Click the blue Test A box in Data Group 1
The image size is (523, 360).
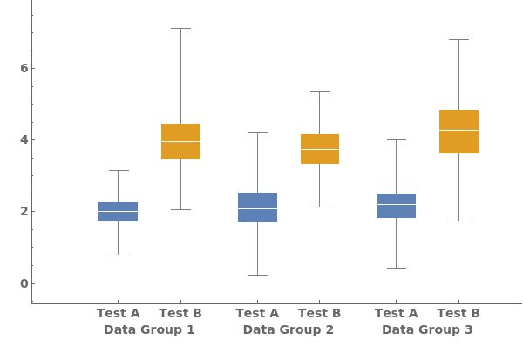[x=118, y=212]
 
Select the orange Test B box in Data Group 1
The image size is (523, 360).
[x=180, y=141]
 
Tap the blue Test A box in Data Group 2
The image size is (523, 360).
[x=257, y=207]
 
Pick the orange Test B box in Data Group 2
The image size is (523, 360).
[x=319, y=149]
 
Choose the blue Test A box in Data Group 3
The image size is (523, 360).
[x=396, y=206]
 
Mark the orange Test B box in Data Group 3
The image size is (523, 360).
[x=458, y=132]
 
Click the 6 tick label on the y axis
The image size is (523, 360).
[x=24, y=68]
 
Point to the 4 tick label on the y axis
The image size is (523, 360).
[x=24, y=139]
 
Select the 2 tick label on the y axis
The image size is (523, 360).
[x=24, y=211]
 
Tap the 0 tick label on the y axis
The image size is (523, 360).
[x=24, y=283]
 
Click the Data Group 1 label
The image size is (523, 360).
[x=149, y=329]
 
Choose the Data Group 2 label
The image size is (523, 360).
[x=288, y=329]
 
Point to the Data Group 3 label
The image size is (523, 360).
[x=427, y=329]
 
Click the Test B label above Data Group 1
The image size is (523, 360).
[x=180, y=313]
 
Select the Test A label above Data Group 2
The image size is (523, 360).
[x=257, y=313]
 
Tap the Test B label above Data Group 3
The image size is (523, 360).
[x=458, y=313]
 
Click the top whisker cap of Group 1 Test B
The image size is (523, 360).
[x=180, y=28]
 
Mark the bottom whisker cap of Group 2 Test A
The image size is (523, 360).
[x=257, y=275]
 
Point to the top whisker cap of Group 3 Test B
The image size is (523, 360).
[x=458, y=39]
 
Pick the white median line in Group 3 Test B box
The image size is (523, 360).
[x=458, y=130]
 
